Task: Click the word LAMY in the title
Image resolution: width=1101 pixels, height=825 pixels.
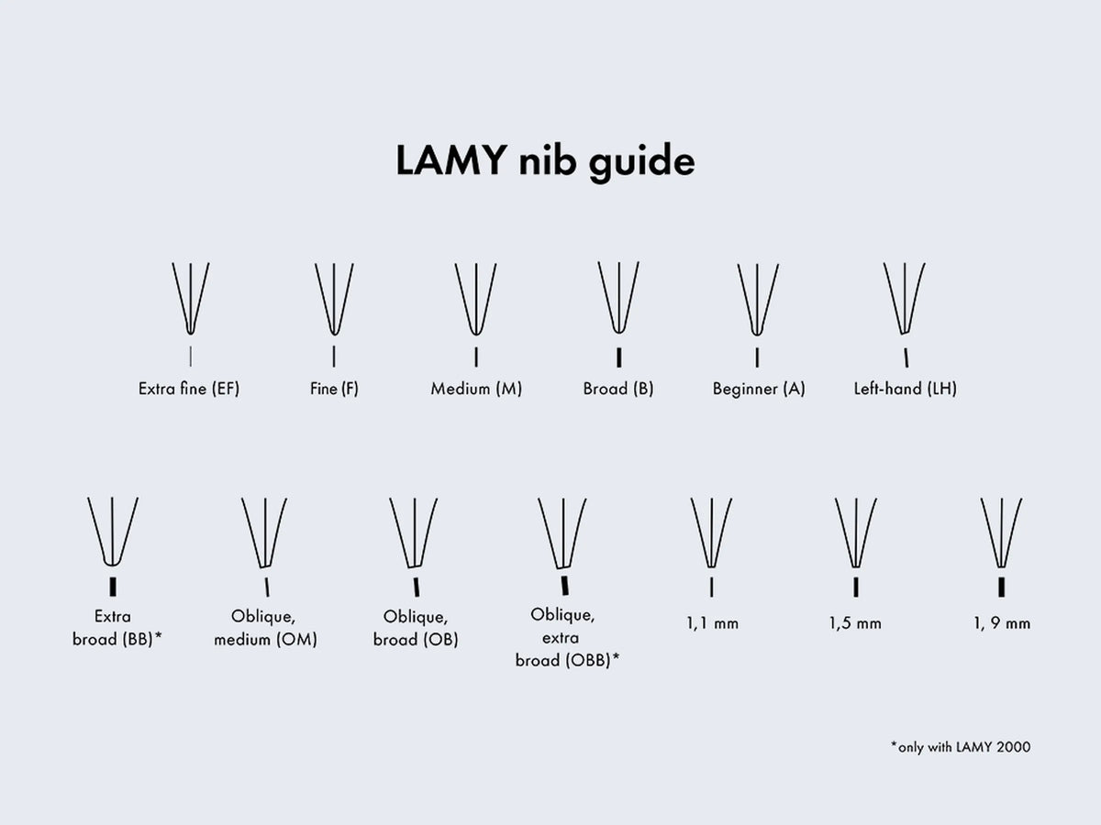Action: (450, 160)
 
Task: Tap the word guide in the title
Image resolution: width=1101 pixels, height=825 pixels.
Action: (642, 161)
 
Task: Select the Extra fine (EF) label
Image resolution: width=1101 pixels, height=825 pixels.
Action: (189, 389)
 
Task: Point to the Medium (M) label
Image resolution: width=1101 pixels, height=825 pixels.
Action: (476, 389)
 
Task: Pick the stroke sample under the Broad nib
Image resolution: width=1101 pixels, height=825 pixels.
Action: (619, 357)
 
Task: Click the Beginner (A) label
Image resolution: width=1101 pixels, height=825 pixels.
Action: (759, 389)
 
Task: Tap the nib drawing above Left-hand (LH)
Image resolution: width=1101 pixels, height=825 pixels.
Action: (905, 299)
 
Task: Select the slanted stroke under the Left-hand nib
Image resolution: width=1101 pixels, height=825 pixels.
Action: (906, 357)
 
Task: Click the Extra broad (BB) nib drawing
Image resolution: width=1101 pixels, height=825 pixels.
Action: (113, 532)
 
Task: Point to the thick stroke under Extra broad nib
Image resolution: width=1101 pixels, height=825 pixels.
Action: (113, 587)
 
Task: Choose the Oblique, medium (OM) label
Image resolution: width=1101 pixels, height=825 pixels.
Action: (265, 628)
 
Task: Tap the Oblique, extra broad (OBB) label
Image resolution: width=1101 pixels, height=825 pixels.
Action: (567, 638)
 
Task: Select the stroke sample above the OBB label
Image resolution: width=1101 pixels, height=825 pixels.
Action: (565, 586)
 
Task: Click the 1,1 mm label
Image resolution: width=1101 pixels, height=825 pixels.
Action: (712, 623)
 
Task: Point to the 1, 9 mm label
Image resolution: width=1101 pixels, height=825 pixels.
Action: (1002, 623)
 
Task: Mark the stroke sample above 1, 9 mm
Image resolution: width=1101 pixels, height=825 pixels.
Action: (1002, 587)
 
